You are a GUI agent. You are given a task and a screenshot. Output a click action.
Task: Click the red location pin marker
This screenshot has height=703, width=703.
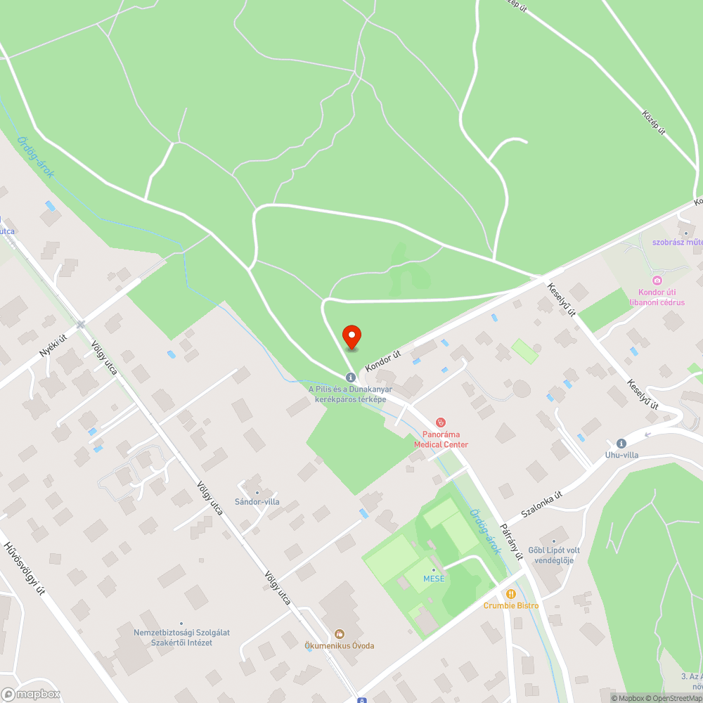click(351, 337)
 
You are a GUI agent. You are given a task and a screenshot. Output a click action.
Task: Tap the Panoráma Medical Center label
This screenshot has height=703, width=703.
click(441, 439)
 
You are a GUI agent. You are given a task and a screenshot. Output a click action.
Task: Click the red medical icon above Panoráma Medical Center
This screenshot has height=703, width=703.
click(441, 423)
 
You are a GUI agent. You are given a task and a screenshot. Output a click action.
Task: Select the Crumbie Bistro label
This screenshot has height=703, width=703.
click(511, 605)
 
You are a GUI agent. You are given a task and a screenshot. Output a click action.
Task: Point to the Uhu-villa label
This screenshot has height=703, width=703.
click(621, 455)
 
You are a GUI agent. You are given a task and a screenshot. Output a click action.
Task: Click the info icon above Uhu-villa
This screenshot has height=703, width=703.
click(621, 444)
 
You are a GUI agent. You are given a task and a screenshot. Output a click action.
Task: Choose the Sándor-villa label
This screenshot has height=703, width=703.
click(257, 502)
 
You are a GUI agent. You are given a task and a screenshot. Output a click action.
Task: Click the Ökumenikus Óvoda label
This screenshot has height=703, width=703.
click(340, 645)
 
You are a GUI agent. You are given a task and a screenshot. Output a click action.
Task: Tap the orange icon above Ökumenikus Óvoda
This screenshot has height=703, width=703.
click(340, 634)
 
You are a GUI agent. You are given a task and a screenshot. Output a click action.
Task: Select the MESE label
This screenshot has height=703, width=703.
click(434, 579)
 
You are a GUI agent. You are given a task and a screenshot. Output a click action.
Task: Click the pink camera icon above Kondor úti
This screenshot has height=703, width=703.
click(657, 280)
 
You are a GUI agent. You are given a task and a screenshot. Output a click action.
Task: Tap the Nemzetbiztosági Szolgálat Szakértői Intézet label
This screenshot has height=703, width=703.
click(181, 636)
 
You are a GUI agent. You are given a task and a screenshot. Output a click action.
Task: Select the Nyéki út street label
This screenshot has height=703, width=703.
click(53, 347)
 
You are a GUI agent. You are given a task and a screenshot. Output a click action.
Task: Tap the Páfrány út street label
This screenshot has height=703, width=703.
click(511, 541)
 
